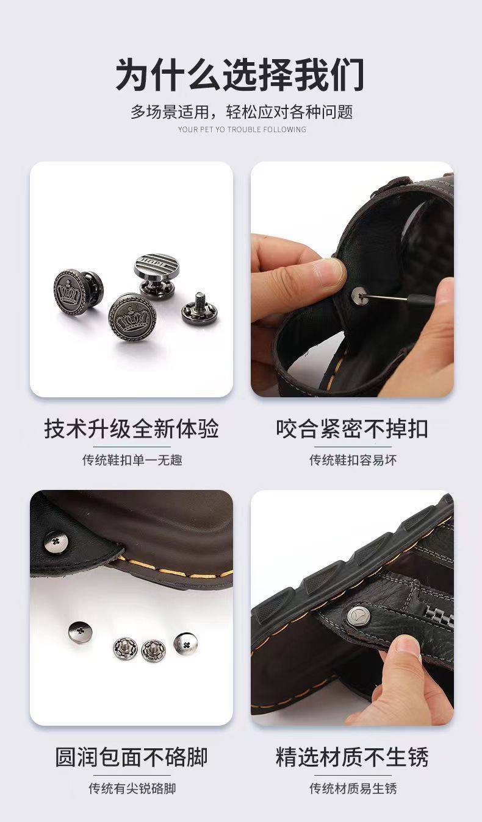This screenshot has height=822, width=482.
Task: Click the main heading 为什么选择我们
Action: (240, 75)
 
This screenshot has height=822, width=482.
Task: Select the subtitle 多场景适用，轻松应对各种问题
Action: (242, 112)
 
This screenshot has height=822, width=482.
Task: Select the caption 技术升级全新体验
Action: (131, 428)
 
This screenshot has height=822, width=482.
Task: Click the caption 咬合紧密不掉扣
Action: (352, 428)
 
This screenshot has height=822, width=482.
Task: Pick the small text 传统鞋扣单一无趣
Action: (132, 460)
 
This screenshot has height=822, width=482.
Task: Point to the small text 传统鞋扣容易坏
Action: (353, 460)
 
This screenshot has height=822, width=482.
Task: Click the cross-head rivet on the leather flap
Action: (56, 542)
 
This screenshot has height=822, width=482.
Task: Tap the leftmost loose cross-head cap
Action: (80, 631)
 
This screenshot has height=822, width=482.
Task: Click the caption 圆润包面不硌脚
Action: (131, 757)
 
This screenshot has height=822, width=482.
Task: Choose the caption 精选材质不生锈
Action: (352, 757)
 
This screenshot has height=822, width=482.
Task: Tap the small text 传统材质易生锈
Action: (353, 788)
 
